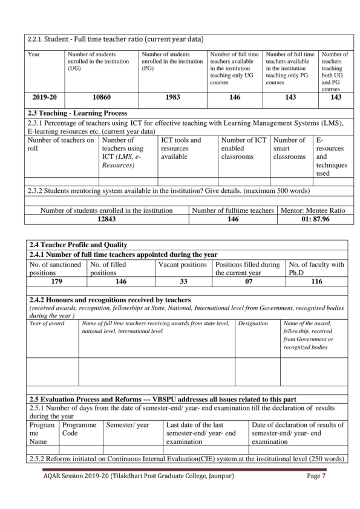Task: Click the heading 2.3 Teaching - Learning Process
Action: coord(76,113)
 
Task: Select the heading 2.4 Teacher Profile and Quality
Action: coord(76,245)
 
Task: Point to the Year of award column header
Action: coord(47,323)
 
